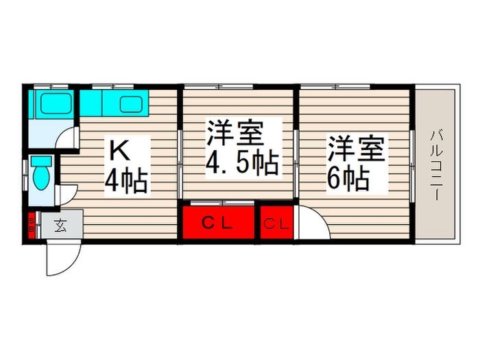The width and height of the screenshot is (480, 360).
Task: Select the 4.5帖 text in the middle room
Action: click(242, 163)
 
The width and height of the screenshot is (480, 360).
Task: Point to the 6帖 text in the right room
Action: click(348, 178)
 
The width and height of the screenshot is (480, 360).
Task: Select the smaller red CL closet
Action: click(276, 222)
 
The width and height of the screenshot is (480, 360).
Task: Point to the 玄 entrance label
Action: click(61, 224)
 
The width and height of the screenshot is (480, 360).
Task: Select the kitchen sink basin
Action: click(131, 105)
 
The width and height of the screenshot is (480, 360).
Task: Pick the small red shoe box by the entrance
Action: click(32, 224)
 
